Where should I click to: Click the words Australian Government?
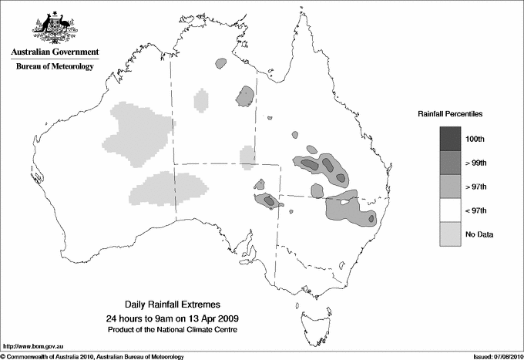coord(54,52)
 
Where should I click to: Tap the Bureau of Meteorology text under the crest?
coord(54,67)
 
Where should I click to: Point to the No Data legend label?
coord(479,234)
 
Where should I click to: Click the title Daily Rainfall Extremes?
coord(178,305)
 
